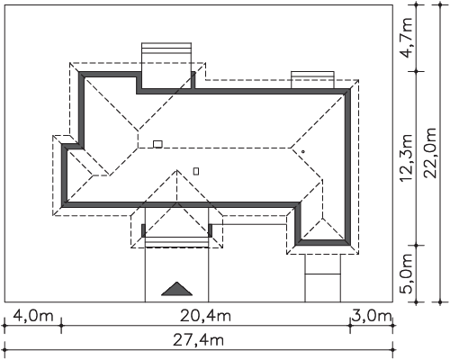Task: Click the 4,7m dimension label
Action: click(x=407, y=38)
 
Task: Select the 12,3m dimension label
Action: click(x=407, y=157)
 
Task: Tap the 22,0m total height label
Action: click(x=431, y=153)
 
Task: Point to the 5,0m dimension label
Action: click(x=407, y=274)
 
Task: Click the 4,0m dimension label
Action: click(x=33, y=316)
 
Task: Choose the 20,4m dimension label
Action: click(x=205, y=316)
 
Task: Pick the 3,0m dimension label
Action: click(x=372, y=316)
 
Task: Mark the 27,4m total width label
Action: click(x=198, y=340)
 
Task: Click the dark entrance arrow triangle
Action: click(x=177, y=289)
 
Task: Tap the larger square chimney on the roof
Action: click(x=157, y=144)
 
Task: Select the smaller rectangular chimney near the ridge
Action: click(x=196, y=171)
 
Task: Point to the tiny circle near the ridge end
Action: click(x=303, y=152)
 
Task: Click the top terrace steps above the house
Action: click(x=166, y=49)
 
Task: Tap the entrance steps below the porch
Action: click(x=176, y=242)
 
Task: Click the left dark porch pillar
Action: click(x=143, y=230)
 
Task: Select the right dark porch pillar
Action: click(x=211, y=230)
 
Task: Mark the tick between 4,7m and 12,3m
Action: click(x=416, y=71)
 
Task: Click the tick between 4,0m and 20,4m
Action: click(x=61, y=325)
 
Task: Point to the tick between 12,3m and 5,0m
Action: click(x=416, y=246)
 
